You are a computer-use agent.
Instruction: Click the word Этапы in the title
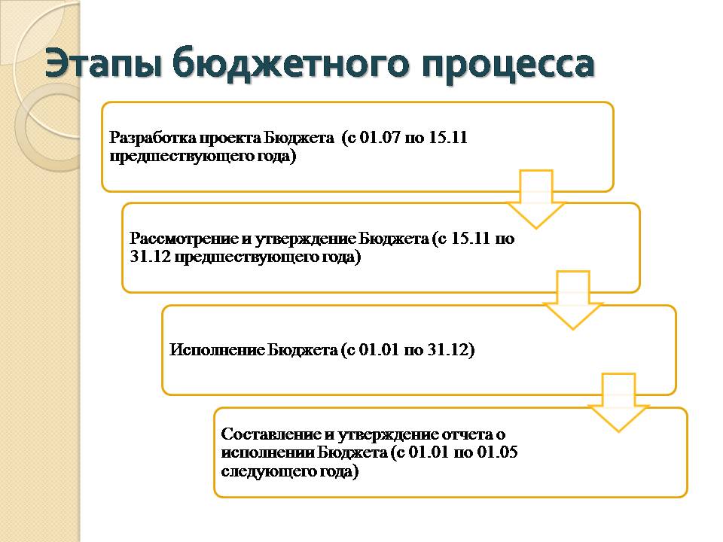click(104, 63)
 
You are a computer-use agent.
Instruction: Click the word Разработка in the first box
click(152, 138)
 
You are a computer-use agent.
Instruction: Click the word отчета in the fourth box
click(467, 434)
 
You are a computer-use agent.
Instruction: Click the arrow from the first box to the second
click(535, 199)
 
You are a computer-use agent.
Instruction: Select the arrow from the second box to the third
click(572, 300)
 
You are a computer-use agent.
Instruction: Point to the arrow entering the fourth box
click(618, 403)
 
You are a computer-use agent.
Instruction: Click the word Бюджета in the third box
click(303, 350)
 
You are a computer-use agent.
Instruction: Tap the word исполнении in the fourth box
click(268, 452)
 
